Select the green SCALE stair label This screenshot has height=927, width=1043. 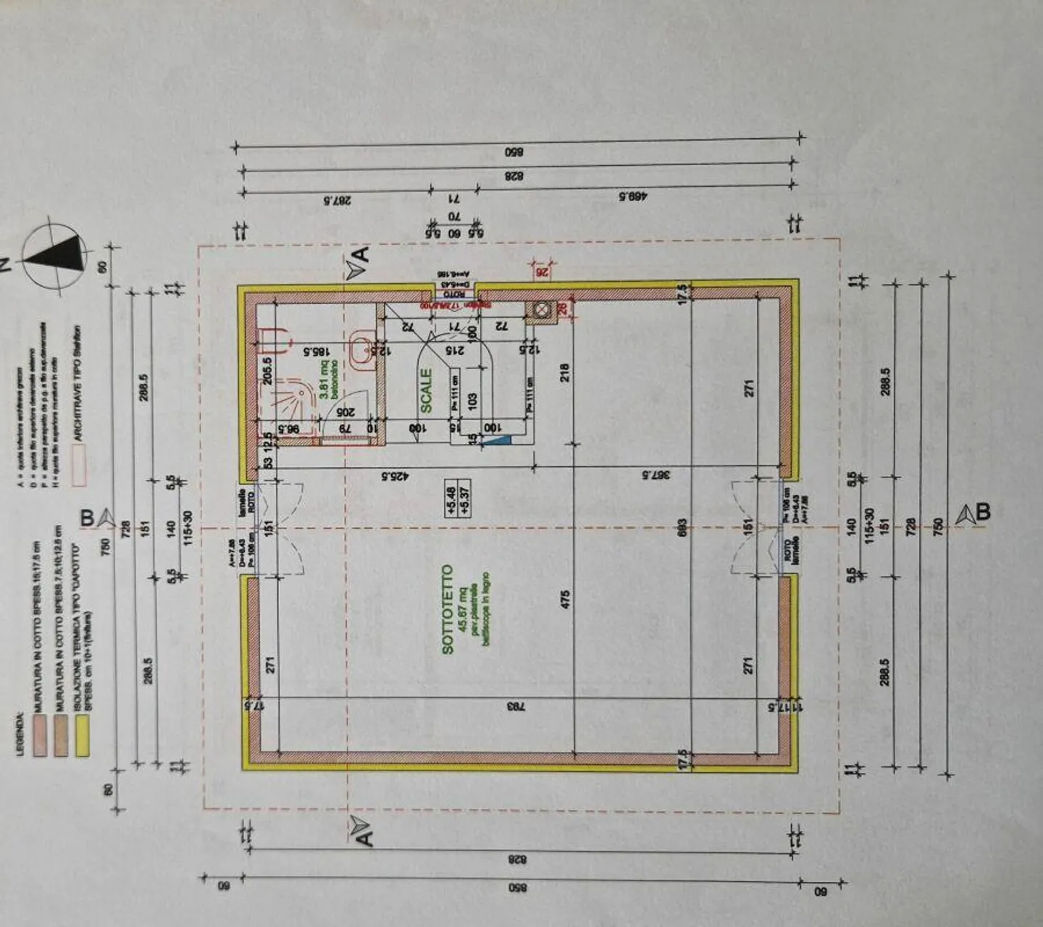pos(426,390)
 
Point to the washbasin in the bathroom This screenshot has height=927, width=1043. pos(359,349)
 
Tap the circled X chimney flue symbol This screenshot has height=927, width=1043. pos(540,310)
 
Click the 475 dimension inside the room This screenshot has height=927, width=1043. pos(566,598)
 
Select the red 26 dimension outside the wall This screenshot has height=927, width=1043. pos(540,272)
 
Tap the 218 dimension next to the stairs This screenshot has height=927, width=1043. pos(565,372)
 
